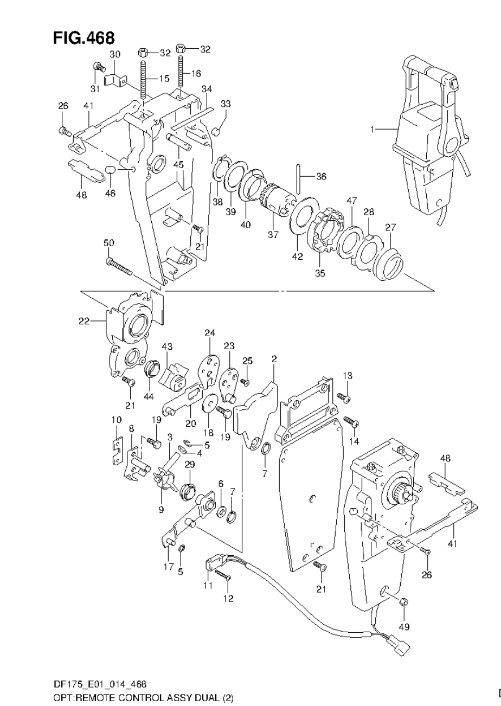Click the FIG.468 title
click(83, 38)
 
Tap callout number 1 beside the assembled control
click(372, 129)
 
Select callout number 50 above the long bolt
click(109, 243)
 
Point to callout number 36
click(322, 176)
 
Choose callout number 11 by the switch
click(207, 586)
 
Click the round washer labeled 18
click(208, 405)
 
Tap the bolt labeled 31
click(98, 67)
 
